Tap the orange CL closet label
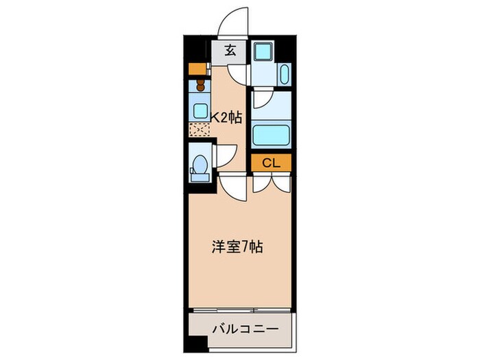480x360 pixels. (271, 163)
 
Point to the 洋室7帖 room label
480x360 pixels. (237, 245)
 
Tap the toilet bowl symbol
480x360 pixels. (199, 165)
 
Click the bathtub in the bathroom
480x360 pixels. (272, 134)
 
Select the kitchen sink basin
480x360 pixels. (200, 110)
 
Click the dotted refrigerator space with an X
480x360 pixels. (199, 130)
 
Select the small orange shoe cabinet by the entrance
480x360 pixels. (198, 68)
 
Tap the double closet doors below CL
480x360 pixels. (272, 182)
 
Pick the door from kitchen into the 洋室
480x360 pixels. (232, 187)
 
